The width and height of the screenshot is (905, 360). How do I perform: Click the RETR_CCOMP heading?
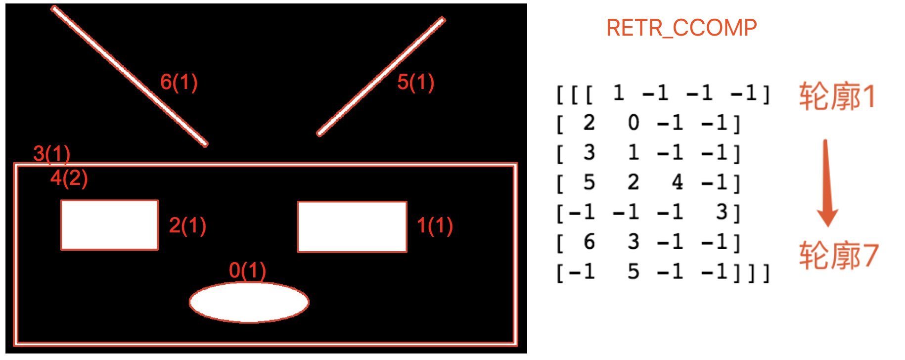[x=681, y=28]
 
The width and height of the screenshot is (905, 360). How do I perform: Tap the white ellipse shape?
[x=249, y=302]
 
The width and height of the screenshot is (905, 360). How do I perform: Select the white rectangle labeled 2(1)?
[x=109, y=225]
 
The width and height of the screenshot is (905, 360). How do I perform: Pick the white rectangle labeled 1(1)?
[x=352, y=226]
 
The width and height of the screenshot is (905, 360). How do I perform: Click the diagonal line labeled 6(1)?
[x=130, y=76]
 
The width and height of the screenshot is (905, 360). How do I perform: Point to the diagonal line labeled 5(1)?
[x=381, y=76]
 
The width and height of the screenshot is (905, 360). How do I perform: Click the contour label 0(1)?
[x=248, y=270]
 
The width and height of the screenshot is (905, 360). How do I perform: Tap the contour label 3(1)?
[x=52, y=154]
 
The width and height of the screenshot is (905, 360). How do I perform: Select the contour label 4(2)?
[x=69, y=178]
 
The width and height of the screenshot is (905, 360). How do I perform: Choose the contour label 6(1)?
[x=179, y=82]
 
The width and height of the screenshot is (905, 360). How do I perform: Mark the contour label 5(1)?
[x=416, y=82]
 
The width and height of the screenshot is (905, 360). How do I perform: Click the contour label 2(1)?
[x=187, y=225]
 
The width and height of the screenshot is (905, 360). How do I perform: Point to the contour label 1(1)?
[x=435, y=225]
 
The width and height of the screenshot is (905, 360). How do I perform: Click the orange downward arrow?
[x=826, y=183]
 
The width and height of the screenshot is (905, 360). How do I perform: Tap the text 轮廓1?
[x=837, y=97]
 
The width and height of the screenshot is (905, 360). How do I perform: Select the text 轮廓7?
[x=838, y=256]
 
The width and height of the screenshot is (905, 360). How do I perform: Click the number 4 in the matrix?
[x=677, y=182]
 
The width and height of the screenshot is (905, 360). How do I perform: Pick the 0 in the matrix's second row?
[x=633, y=123]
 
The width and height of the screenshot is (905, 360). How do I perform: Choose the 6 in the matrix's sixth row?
[x=589, y=242]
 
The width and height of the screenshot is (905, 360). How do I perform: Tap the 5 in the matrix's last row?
[x=633, y=271]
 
